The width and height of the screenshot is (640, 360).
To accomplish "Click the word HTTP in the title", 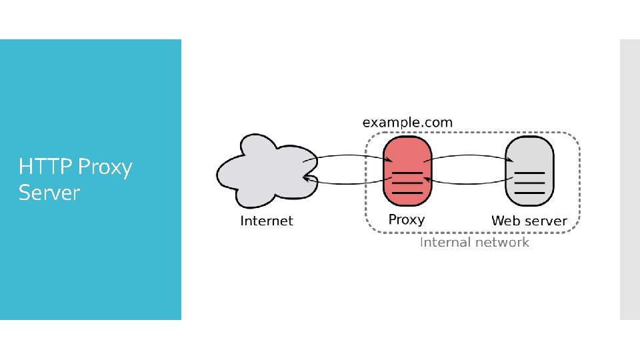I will pyautogui.click(x=41, y=167).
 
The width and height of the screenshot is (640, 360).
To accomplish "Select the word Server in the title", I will pyautogui.click(x=49, y=193).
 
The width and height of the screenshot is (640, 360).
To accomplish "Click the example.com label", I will pyautogui.click(x=407, y=123).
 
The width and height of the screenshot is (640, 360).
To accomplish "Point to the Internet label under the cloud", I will pyautogui.click(x=266, y=221).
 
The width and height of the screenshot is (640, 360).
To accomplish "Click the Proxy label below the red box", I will pyautogui.click(x=406, y=219).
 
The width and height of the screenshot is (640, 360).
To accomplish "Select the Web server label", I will pyautogui.click(x=529, y=221).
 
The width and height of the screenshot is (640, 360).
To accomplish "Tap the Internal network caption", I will pyautogui.click(x=473, y=242).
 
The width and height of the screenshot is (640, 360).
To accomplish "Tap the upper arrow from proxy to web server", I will pyautogui.click(x=467, y=156).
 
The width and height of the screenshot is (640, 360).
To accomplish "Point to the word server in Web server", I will pyautogui.click(x=545, y=221).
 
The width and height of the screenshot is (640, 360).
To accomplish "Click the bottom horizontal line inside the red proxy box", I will pyautogui.click(x=406, y=193).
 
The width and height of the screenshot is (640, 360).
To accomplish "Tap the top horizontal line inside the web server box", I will pyautogui.click(x=529, y=173).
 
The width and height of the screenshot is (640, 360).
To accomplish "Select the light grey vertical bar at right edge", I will pyautogui.click(x=629, y=179).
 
